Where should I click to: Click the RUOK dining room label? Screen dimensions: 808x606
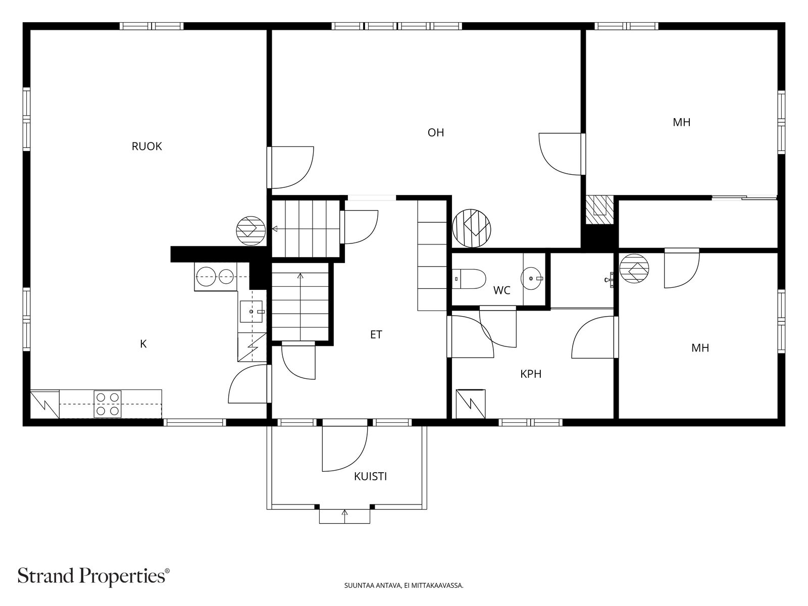pos(146,146)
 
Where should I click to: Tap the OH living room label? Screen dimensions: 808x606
pos(436,132)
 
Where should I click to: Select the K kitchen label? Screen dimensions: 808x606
pos(143,344)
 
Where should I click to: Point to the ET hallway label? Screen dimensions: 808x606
pos(376,334)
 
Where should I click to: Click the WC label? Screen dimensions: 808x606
pos(502,290)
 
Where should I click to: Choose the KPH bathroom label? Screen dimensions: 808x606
pos(531,374)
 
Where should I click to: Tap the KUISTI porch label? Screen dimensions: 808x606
pos(370,477)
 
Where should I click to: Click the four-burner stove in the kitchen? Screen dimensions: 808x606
pos(108,403)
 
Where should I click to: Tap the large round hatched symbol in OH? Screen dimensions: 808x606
pos(472,228)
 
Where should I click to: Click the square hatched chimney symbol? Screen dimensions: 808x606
pos(599,210)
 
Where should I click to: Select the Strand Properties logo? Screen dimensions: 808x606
pos(94,576)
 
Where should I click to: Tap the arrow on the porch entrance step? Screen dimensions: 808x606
pos(345,516)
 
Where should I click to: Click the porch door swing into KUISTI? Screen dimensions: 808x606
pos(345,448)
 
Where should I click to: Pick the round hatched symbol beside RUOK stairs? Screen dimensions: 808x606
pos(250,231)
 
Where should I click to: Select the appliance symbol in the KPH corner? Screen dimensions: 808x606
pos(471,403)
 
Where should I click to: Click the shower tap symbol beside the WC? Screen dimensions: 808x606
pos(609,280)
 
